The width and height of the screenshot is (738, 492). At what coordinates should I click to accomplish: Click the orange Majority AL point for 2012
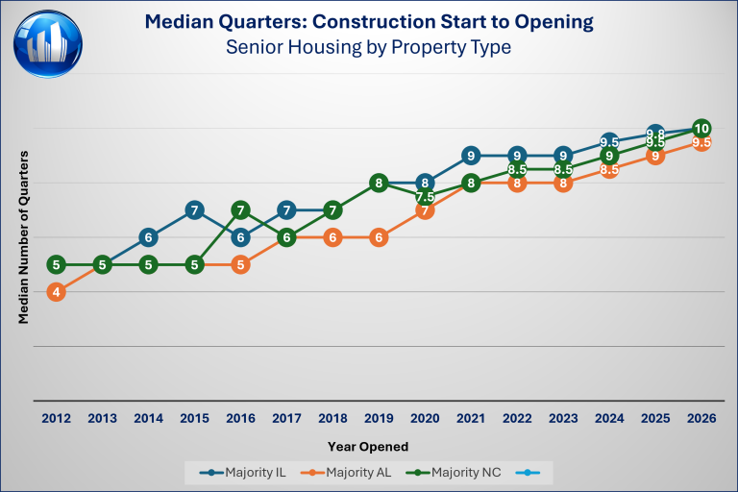[x=57, y=292]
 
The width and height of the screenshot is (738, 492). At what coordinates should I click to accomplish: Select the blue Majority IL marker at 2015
[x=194, y=209]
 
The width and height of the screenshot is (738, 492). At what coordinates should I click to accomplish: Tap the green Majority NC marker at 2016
[x=241, y=209]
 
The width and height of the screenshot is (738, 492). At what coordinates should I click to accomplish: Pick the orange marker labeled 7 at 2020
[x=425, y=209]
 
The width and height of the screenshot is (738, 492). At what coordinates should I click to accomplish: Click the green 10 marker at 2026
[x=701, y=128]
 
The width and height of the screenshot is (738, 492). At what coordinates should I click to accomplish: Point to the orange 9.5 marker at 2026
[x=701, y=142]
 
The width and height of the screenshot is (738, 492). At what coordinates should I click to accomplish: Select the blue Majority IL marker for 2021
[x=471, y=155]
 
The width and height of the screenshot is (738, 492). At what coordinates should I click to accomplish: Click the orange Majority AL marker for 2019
[x=379, y=237]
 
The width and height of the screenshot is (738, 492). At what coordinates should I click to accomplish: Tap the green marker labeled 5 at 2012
[x=57, y=264]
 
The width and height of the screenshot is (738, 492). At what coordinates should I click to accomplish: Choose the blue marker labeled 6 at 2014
[x=149, y=237]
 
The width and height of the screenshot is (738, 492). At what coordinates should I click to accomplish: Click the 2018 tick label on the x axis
[x=332, y=418]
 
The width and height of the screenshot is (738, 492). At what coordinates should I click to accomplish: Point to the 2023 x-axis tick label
[x=563, y=418]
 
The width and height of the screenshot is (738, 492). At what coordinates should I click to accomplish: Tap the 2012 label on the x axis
[x=57, y=418]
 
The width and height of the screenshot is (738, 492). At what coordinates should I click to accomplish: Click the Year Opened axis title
[x=369, y=446]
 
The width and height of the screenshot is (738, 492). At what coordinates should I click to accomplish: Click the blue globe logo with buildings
[x=48, y=43]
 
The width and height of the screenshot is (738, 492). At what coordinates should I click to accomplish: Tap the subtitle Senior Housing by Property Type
[x=369, y=45]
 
